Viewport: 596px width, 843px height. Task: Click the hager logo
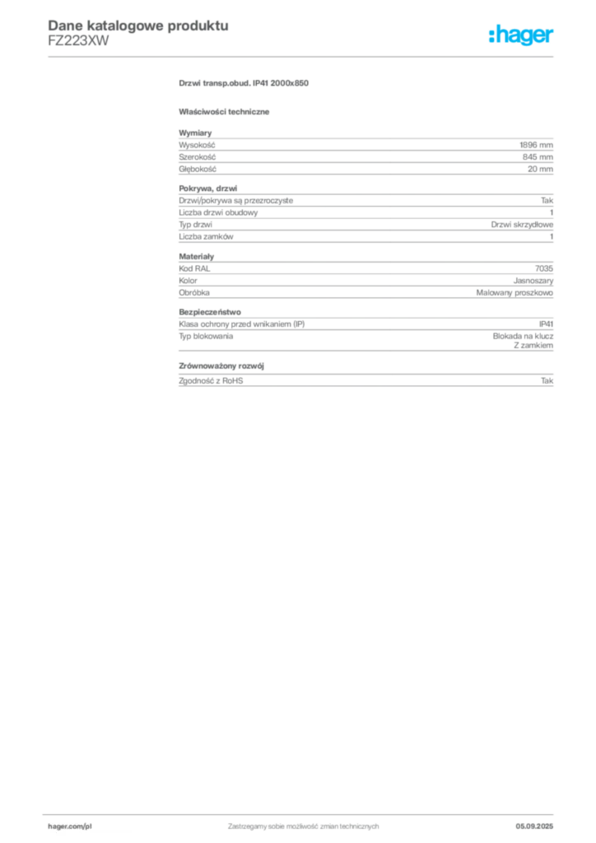click(x=521, y=35)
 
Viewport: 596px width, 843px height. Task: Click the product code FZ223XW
click(x=78, y=41)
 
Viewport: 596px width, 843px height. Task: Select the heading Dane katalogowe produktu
click(x=138, y=26)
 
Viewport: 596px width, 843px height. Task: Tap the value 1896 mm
click(x=536, y=145)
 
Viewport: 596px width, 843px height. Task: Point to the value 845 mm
click(x=538, y=157)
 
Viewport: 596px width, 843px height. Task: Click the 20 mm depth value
click(x=540, y=169)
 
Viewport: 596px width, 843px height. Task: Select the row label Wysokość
click(x=197, y=145)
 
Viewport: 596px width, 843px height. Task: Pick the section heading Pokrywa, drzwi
click(x=208, y=189)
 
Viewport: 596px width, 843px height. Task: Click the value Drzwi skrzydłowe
click(x=522, y=224)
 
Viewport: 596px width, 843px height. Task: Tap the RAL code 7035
click(x=544, y=268)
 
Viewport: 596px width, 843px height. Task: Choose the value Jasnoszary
click(x=533, y=281)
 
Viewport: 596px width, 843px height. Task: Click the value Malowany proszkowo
click(x=515, y=292)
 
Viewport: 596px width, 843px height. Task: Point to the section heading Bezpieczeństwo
click(x=210, y=312)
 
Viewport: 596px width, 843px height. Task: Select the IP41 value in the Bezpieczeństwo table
click(x=546, y=324)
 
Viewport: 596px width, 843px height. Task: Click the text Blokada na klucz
click(x=523, y=336)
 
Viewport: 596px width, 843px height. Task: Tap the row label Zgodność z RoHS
click(x=211, y=380)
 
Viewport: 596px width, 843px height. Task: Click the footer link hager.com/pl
click(x=70, y=827)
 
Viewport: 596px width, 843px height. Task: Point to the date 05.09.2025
click(x=534, y=827)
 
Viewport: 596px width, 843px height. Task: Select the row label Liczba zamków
click(x=206, y=236)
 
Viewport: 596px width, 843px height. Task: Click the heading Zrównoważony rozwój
click(x=221, y=366)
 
